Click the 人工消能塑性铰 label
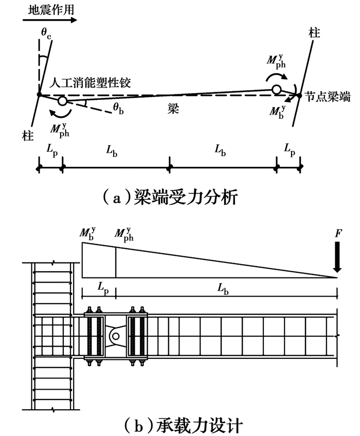click(91, 84)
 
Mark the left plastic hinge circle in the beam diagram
click(63, 101)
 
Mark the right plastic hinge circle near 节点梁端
click(277, 90)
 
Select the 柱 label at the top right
click(314, 33)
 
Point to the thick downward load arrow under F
click(337, 260)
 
